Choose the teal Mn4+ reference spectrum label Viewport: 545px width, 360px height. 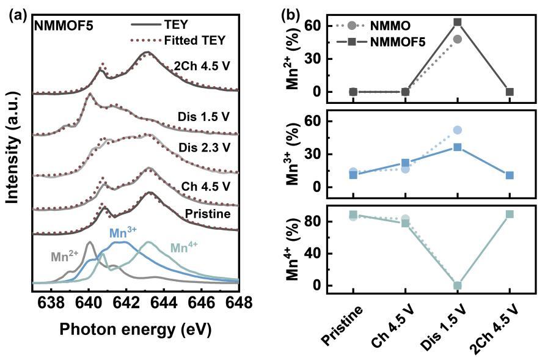(x=185, y=248)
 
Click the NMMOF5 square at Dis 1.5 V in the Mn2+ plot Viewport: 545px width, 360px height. (x=457, y=22)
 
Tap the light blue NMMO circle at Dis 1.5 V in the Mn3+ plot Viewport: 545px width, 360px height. (x=457, y=130)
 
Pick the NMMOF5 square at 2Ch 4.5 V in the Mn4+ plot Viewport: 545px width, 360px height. (x=509, y=214)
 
